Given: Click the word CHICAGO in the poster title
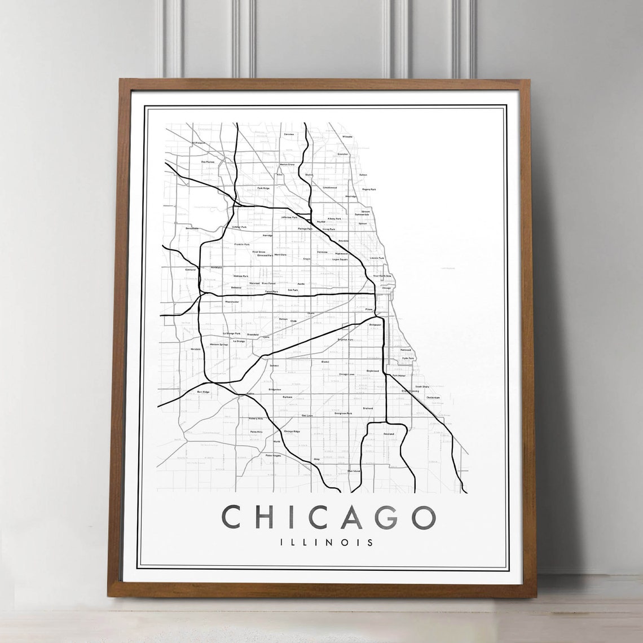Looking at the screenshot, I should (329, 518).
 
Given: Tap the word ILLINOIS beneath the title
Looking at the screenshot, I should (327, 543).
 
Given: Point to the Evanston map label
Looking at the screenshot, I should (342, 153).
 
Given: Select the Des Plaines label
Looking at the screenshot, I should (208, 162).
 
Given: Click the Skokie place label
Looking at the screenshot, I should (309, 175).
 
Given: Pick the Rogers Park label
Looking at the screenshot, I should (369, 190).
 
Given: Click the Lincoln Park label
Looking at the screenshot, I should (377, 258).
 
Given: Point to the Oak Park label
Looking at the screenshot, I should (292, 290).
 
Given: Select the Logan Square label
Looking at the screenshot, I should (340, 259).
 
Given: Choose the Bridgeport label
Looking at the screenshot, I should (375, 325).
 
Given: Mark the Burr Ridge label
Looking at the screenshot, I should (203, 391).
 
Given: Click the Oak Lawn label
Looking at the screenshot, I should (307, 416).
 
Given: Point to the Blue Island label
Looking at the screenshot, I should (354, 470).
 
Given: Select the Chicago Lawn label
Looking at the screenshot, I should (346, 374).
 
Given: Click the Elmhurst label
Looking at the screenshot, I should (190, 270).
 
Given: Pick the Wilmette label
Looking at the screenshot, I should (347, 136).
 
